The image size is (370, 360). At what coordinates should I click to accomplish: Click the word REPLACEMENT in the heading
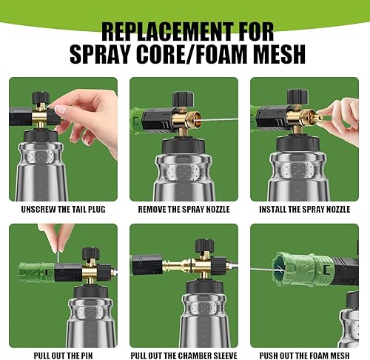(167, 32)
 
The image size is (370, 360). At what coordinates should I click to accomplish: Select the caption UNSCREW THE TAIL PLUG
(63, 210)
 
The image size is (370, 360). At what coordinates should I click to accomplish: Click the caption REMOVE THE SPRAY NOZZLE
(184, 210)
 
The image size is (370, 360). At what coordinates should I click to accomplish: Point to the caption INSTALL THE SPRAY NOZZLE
(304, 210)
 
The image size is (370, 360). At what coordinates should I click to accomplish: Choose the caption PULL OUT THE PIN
(63, 356)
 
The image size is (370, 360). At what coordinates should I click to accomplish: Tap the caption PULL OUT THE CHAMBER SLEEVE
(184, 356)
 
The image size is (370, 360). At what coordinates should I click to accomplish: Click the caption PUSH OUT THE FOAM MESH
(304, 356)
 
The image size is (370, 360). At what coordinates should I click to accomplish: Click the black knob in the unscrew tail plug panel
(41, 98)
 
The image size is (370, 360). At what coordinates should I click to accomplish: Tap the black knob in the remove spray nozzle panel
(183, 99)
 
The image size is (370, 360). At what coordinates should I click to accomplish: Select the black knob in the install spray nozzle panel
(297, 97)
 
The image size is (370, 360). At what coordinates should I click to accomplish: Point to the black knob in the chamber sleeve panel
(204, 245)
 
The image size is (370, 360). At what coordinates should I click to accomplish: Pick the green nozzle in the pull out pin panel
(36, 273)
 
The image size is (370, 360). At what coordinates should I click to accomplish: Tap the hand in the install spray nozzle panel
(340, 121)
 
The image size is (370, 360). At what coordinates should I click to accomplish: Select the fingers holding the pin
(57, 237)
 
